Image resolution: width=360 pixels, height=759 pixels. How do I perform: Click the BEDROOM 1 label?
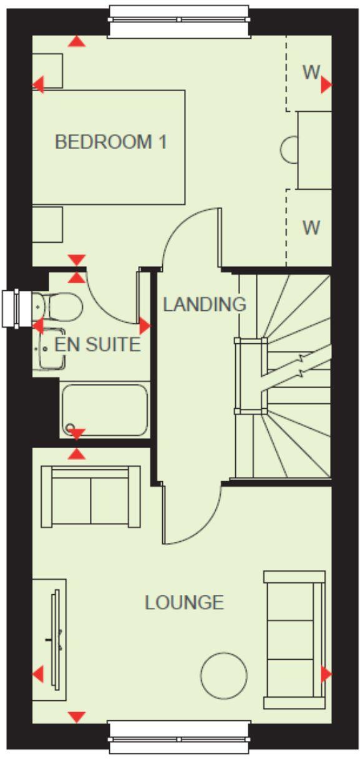[110, 142]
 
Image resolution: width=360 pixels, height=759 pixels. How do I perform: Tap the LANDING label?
[204, 305]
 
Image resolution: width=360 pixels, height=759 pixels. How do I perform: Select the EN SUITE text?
[97, 344]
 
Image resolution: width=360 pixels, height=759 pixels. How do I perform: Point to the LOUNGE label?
[184, 602]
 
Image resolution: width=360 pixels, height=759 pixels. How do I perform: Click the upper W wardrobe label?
[311, 72]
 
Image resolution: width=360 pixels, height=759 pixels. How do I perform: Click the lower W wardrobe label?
[311, 227]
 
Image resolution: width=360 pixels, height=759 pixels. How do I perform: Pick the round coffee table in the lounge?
[224, 675]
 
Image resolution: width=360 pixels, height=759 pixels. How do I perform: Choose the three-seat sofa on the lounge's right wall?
[294, 639]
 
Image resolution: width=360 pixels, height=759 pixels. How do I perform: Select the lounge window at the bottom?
[179, 738]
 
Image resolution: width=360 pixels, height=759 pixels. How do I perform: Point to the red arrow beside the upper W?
[326, 86]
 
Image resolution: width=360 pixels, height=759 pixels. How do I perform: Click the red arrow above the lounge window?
[77, 717]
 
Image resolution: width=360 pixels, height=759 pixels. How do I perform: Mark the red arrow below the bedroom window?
[77, 41]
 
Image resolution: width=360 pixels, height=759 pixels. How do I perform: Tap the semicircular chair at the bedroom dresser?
[289, 150]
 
